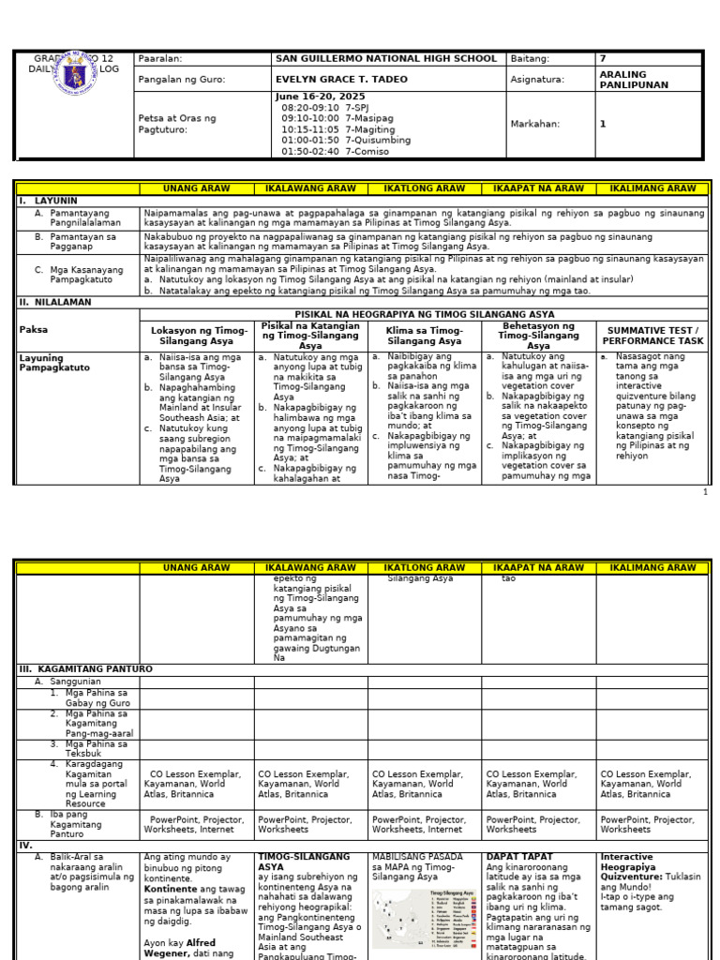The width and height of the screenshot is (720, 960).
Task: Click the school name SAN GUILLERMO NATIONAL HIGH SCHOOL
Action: [385, 59]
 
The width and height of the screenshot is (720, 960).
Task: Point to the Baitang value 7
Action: [603, 59]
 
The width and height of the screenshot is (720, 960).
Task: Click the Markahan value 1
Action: [603, 124]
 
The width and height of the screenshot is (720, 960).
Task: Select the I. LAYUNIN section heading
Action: [49, 201]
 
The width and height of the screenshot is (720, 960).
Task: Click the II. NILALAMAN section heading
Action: [55, 303]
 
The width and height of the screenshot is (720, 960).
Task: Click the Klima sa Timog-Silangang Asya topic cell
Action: [424, 336]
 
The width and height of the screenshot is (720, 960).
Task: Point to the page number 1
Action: [705, 491]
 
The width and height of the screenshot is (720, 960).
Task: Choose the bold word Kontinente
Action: [171, 888]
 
